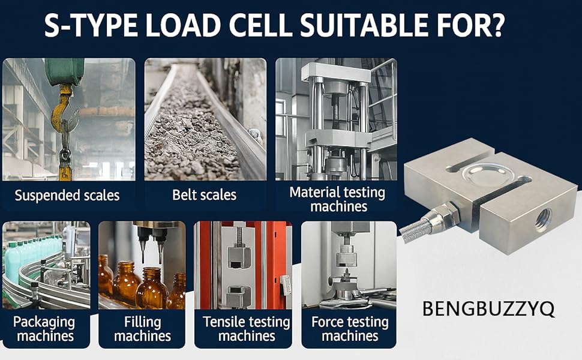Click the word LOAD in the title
click(x=196, y=26)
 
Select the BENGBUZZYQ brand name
click(x=488, y=309)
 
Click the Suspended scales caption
click(x=67, y=195)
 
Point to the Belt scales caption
click(x=204, y=195)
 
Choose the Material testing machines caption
click(x=337, y=199)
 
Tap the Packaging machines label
click(x=46, y=329)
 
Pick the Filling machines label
click(x=142, y=329)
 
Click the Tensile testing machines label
click(x=246, y=329)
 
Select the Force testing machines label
click(x=350, y=329)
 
